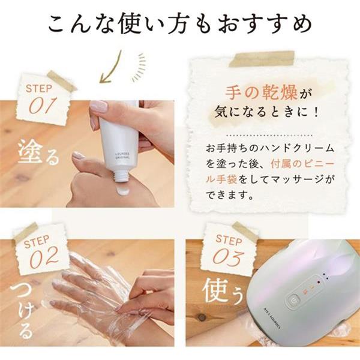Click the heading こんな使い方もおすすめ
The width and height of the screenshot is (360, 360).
pos(180,25)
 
